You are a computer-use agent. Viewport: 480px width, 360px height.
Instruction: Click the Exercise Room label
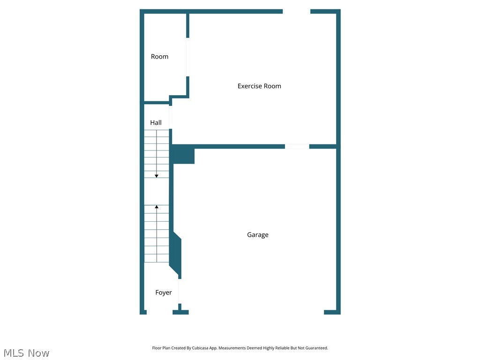pyautogui.click(x=259, y=86)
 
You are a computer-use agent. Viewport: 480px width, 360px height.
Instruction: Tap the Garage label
pyautogui.click(x=258, y=235)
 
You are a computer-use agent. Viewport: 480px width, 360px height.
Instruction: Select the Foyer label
pyautogui.click(x=164, y=292)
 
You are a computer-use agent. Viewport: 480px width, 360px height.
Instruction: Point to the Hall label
pyautogui.click(x=156, y=123)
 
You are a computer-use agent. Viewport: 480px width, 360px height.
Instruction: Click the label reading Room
pyautogui.click(x=159, y=57)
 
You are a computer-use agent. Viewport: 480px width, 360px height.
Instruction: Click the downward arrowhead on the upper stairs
pyautogui.click(x=157, y=176)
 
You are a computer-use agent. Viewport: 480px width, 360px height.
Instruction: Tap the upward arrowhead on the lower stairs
pyautogui.click(x=157, y=207)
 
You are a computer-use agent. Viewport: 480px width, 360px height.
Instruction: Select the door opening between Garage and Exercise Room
pyautogui.click(x=297, y=147)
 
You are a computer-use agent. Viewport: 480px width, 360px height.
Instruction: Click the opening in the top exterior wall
pyautogui.click(x=296, y=11)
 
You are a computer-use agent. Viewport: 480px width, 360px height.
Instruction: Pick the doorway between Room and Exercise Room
pyautogui.click(x=188, y=57)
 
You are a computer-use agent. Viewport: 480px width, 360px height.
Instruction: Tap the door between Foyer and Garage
pyautogui.click(x=179, y=291)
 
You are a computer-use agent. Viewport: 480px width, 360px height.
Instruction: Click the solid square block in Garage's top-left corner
pyautogui.click(x=183, y=155)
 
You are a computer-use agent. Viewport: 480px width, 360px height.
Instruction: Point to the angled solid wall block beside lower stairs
pyautogui.click(x=175, y=253)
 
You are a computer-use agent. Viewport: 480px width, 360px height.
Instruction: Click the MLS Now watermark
pyautogui.click(x=26, y=353)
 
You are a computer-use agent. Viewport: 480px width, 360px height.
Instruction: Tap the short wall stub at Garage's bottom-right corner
pyautogui.click(x=332, y=312)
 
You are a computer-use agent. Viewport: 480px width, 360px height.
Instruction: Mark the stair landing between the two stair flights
pyautogui.click(x=156, y=191)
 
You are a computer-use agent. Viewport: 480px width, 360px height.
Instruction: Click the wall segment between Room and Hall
pyautogui.click(x=156, y=102)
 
